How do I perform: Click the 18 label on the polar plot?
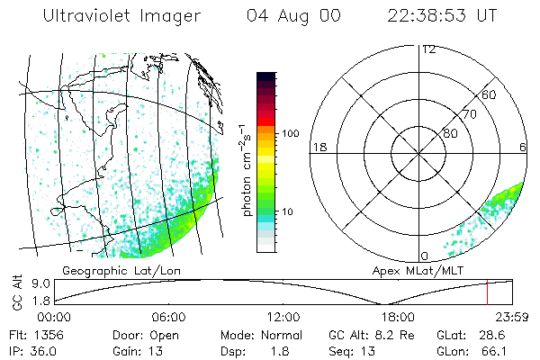pyautogui.click(x=317, y=147)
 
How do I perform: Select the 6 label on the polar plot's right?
pyautogui.click(x=523, y=147)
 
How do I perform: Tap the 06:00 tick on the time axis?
pyautogui.click(x=168, y=317)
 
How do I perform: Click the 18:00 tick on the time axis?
pyautogui.click(x=397, y=317)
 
